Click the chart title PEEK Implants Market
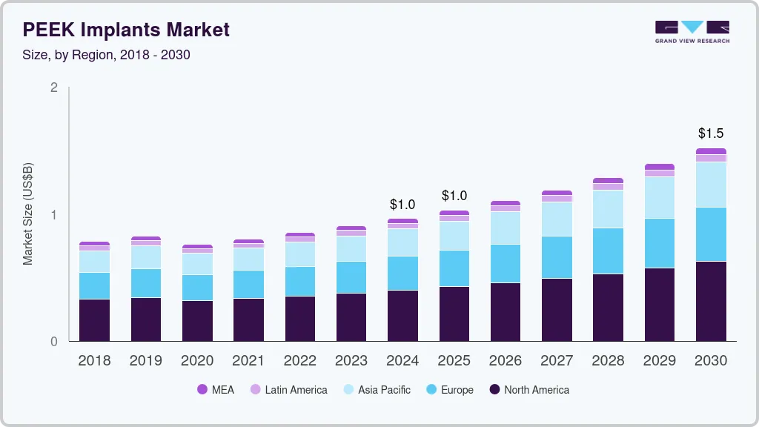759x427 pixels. coord(126,30)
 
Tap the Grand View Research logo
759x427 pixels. coord(692,32)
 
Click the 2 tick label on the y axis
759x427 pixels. coord(53,87)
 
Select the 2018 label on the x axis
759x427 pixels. coord(94,361)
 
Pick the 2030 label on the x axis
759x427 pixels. coord(711,361)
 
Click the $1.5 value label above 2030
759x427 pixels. coord(711,134)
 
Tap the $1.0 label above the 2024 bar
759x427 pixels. coord(402,205)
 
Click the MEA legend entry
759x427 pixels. coord(216,390)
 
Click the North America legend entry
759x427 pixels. coord(528,390)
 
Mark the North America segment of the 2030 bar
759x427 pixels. coord(711,301)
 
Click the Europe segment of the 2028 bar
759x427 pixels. coord(608,251)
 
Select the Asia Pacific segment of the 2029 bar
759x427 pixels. coord(660,197)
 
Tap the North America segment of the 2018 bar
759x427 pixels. coord(94,320)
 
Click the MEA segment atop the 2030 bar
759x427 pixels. coord(711,151)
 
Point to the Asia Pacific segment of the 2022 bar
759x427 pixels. coord(300,254)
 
